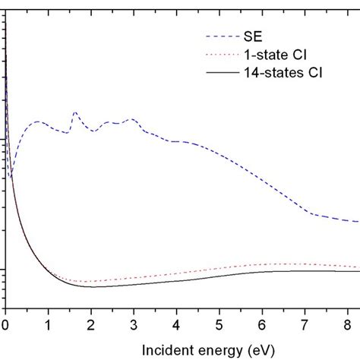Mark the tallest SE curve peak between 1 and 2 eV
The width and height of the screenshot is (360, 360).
click(x=74, y=112)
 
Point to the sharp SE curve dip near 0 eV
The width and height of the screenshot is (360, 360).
click(x=11, y=178)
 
